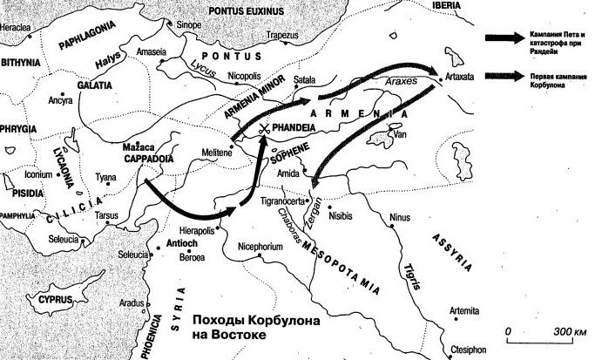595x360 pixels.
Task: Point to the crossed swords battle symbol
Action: (263, 128)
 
